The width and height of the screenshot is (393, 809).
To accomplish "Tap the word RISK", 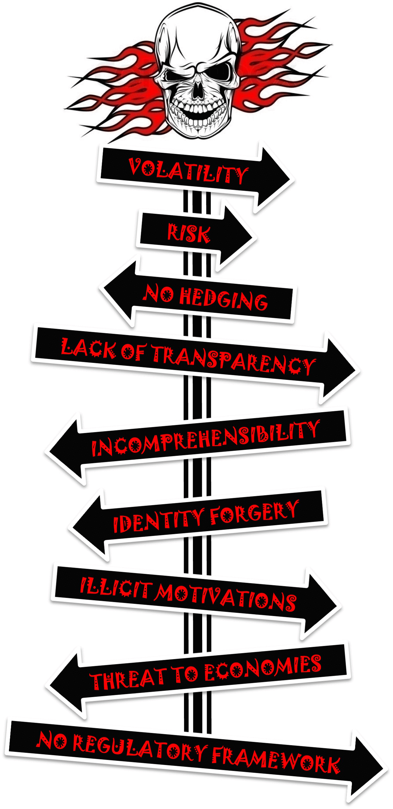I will [x=189, y=233].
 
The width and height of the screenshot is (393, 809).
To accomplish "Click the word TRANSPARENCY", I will [x=233, y=360].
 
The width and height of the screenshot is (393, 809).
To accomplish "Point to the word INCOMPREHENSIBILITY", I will [x=206, y=438].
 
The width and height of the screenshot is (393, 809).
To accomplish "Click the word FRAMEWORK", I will [x=276, y=761].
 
